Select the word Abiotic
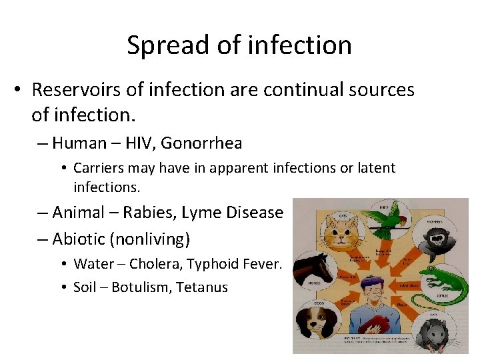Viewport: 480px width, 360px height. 77,238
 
